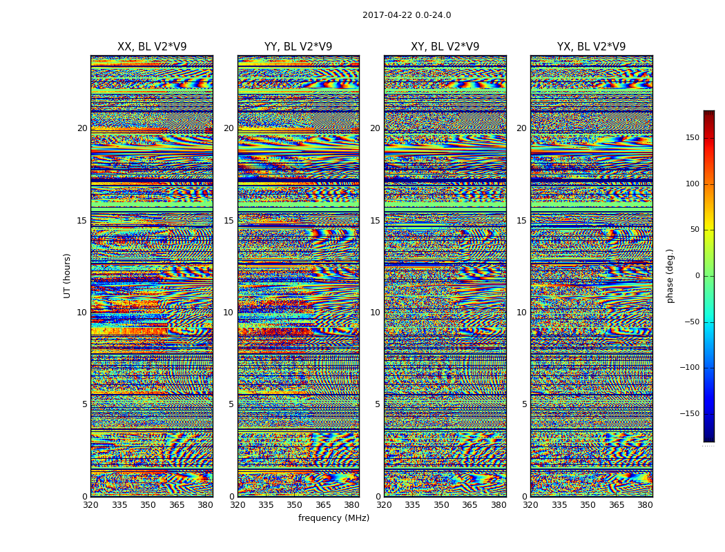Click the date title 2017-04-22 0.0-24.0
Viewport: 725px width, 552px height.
[407, 15]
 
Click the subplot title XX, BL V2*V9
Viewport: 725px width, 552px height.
[152, 47]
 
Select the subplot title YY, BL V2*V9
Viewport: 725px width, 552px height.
[298, 47]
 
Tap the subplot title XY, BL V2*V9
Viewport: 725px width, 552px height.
[445, 47]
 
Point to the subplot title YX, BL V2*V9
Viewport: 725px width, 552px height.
[591, 47]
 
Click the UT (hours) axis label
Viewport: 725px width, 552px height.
[68, 275]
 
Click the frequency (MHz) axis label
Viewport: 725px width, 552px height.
[333, 518]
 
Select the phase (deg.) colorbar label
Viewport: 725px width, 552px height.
[670, 275]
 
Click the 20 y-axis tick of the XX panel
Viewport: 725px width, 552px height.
[82, 128]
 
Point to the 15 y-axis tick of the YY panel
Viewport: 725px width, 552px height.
[229, 221]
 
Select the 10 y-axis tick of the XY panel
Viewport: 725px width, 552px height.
[375, 313]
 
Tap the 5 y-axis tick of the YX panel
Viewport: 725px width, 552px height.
[524, 404]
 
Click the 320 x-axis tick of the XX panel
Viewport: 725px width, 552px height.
[91, 505]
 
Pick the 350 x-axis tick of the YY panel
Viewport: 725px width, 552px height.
[295, 505]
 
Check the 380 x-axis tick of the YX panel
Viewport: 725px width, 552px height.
[645, 505]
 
